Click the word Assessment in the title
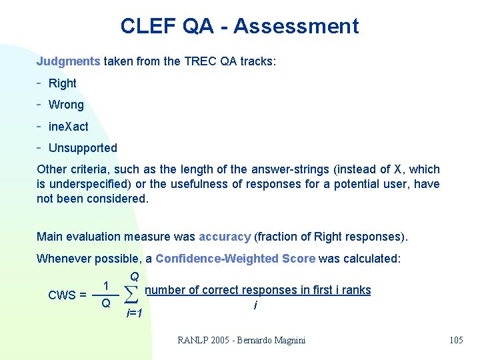[296, 26]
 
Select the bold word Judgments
[68, 61]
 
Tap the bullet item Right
[62, 83]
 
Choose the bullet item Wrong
[66, 105]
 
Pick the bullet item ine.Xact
[68, 127]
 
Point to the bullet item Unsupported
[83, 148]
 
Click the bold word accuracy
[225, 237]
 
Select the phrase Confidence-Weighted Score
[235, 259]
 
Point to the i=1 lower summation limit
[134, 313]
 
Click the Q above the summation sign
[134, 276]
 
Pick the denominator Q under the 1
[105, 304]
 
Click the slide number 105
[456, 340]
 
